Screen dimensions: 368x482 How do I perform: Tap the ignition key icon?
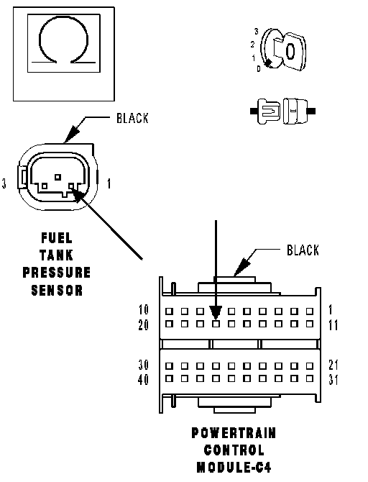[283, 50]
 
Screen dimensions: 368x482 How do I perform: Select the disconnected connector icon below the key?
[282, 111]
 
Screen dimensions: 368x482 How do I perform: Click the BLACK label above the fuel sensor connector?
[132, 118]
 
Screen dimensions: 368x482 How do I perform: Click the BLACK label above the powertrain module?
[303, 250]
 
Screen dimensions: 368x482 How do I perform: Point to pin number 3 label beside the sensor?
[4, 183]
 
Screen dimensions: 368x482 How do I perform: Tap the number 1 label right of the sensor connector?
[109, 183]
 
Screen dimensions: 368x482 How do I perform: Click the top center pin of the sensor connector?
[57, 177]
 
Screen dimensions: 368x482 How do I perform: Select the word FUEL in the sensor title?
[57, 238]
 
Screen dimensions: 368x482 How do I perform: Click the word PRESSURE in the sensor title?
[57, 273]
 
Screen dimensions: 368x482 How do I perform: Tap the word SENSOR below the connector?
[57, 290]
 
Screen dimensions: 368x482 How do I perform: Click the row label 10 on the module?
[144, 310]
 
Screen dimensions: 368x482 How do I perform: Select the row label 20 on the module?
[144, 325]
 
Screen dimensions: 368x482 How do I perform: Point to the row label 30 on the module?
[144, 365]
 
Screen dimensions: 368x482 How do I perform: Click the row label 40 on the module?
[143, 380]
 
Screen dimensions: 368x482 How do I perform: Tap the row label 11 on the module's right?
[333, 325]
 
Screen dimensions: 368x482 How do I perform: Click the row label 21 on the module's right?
[333, 365]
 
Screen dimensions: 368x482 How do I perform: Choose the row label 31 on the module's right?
[333, 380]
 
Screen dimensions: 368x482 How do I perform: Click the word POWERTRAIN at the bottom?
[234, 433]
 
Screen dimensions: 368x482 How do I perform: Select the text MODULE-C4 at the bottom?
[234, 468]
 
